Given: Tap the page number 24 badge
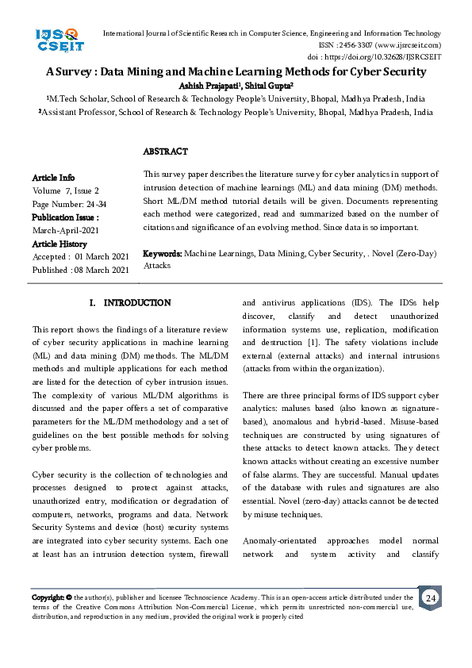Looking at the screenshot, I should coord(430,597).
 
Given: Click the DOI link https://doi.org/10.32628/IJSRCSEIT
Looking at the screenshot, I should coord(397,57).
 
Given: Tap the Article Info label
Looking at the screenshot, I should coord(53,178).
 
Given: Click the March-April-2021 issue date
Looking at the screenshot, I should coord(65,230).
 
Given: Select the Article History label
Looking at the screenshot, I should coord(60,244).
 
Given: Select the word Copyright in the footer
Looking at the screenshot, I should coord(47,597).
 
